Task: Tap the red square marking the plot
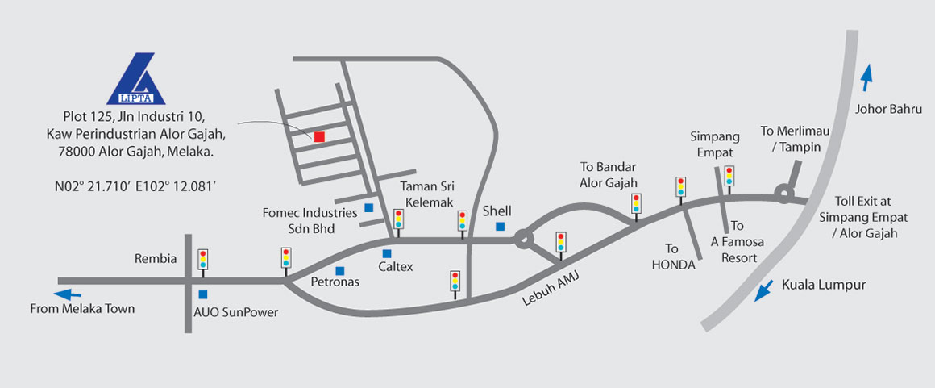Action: tap(319, 136)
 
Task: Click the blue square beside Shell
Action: tap(501, 227)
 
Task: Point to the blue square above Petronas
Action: tap(340, 270)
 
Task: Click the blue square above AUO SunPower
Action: tap(202, 294)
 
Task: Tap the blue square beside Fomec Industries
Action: tap(368, 208)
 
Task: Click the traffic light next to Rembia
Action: tap(203, 259)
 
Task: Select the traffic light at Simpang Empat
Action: tap(729, 175)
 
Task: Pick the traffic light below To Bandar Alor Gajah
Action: tap(637, 203)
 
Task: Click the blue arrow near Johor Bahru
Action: tap(866, 78)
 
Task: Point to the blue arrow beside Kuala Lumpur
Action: tap(760, 290)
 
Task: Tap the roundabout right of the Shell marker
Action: tap(523, 239)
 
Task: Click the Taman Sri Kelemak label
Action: tap(427, 194)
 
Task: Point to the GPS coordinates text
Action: tap(135, 186)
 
